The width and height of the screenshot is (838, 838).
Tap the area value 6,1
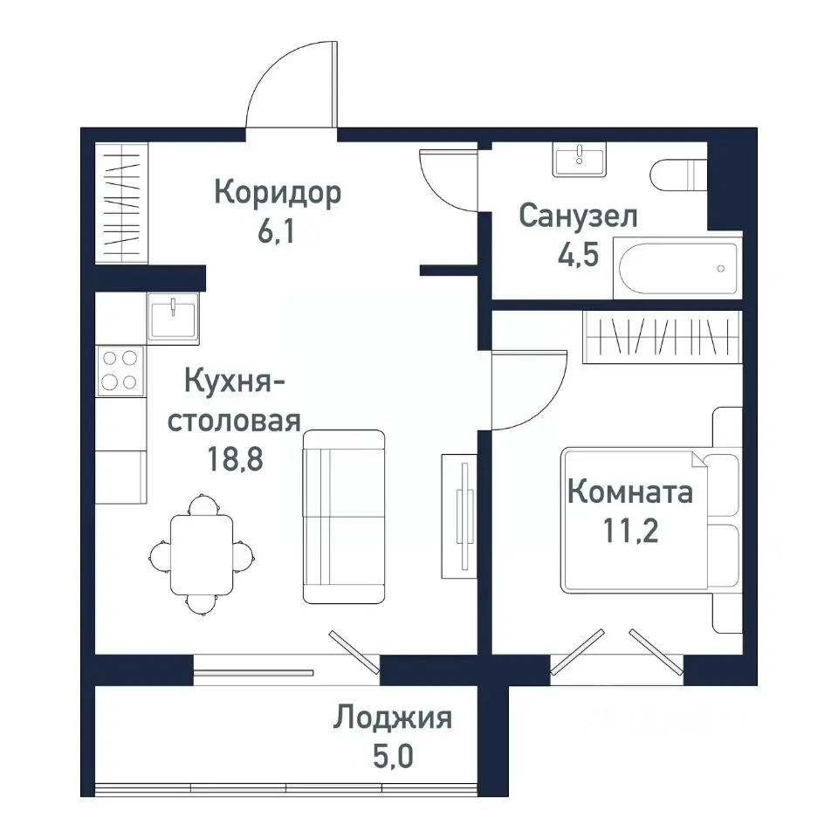[277, 234]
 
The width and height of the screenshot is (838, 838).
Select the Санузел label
[578, 216]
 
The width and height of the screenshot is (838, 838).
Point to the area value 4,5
[578, 258]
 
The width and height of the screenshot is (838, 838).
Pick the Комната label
[630, 492]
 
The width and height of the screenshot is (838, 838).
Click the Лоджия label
[392, 718]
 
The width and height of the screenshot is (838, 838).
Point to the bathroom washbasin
[579, 161]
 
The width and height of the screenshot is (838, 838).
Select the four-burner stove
[120, 369]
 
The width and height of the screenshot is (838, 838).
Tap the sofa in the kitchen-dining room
[344, 516]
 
